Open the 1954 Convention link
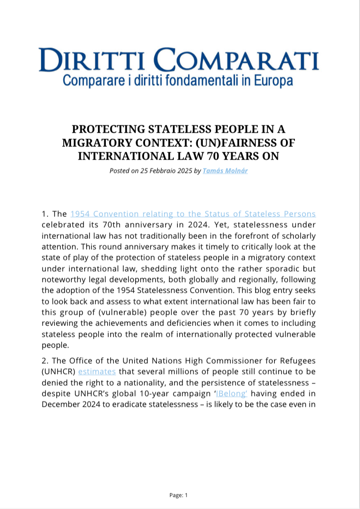(x=193, y=214)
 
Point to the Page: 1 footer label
(x=179, y=495)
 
